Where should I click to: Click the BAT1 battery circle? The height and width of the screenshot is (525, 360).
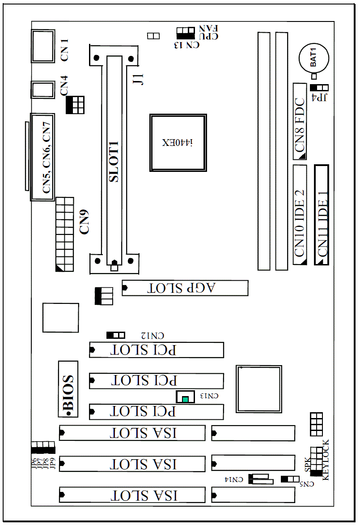(x=313, y=58)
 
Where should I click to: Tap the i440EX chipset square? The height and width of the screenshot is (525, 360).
(x=178, y=143)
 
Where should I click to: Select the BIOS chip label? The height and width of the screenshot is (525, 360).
(x=68, y=389)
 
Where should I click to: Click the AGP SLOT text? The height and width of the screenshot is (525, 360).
(x=181, y=288)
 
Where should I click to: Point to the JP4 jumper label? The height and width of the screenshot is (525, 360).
(x=319, y=98)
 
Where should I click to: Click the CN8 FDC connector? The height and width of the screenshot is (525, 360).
(x=300, y=121)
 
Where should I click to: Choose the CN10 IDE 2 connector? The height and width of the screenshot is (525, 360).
(x=300, y=215)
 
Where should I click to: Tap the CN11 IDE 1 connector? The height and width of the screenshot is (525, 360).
(x=322, y=215)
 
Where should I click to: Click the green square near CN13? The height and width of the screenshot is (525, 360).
(x=185, y=399)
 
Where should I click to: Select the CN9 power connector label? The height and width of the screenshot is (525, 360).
(x=84, y=222)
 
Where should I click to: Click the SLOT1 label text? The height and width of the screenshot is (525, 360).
(x=114, y=162)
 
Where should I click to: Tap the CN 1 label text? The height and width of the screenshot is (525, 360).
(x=64, y=50)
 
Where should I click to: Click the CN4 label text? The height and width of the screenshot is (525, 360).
(x=64, y=85)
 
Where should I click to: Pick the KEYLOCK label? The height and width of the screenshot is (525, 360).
(x=326, y=460)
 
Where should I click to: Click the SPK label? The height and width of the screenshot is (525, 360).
(x=308, y=465)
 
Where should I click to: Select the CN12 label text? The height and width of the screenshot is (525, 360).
(x=152, y=336)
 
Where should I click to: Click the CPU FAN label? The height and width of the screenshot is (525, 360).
(x=208, y=33)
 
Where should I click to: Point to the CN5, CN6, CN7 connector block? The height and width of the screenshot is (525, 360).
(x=42, y=157)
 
